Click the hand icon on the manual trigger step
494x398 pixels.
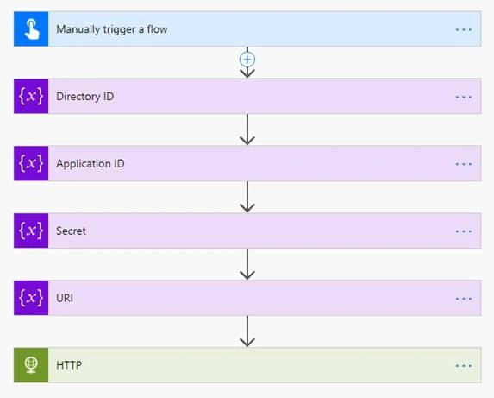[32, 29]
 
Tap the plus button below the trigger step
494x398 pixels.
[247, 60]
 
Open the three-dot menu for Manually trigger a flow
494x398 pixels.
[464, 29]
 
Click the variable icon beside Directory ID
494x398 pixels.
[31, 96]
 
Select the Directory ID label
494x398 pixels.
[85, 97]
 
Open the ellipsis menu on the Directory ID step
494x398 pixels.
[464, 97]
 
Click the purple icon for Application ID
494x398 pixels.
[31, 163]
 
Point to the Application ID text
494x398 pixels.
[91, 164]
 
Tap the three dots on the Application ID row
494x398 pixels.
[464, 164]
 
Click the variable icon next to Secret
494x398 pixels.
[31, 231]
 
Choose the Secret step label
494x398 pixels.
[71, 231]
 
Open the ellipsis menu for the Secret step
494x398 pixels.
[464, 231]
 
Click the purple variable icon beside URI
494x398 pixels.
[31, 298]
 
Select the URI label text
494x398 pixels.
[65, 298]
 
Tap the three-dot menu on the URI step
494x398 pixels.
[464, 299]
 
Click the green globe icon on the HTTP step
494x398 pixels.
[31, 365]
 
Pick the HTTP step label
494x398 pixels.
[69, 365]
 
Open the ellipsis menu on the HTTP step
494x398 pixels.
[464, 366]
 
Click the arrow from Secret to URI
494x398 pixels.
[247, 264]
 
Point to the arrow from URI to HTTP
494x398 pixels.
[247, 332]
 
